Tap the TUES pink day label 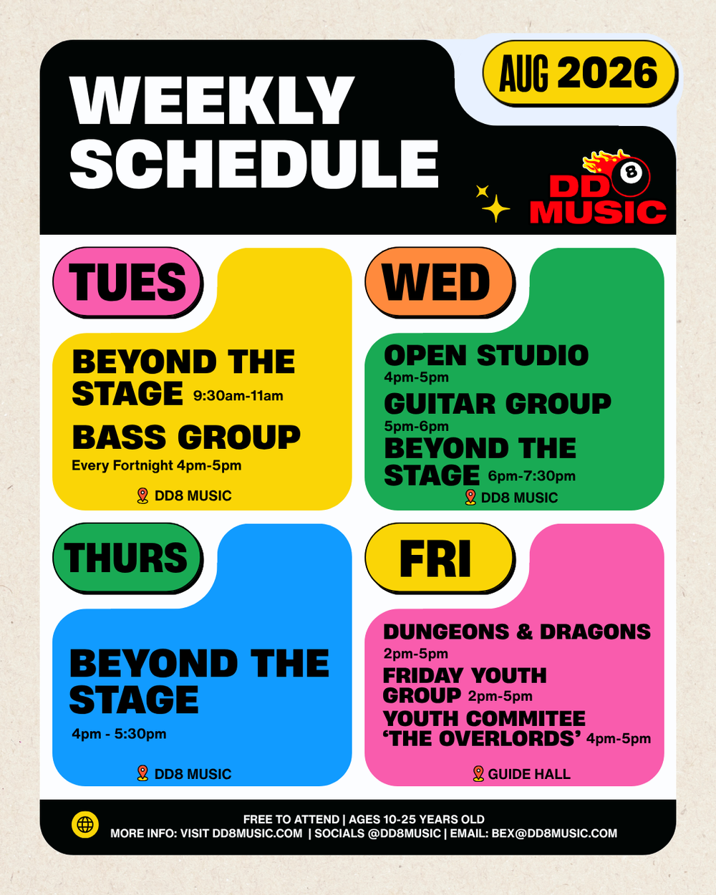coord(127,282)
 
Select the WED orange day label coord(440,282)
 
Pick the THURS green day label coord(127,558)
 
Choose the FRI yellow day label coord(440,558)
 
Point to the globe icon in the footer coord(85,824)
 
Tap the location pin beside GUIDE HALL coord(478,773)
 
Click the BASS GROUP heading coord(186,437)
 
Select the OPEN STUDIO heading coord(486,356)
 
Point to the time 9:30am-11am coord(238,395)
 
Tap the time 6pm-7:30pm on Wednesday coord(532,475)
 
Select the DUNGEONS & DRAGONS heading coord(517,632)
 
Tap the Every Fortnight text coord(122,465)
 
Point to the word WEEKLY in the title coord(212,100)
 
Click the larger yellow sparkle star coord(495,208)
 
